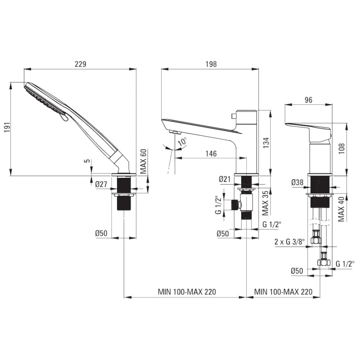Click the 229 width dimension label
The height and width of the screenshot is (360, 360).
[80, 64]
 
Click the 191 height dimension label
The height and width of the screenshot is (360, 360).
[7, 127]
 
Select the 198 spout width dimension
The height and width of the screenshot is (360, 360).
[211, 64]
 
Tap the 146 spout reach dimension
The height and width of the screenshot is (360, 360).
[211, 153]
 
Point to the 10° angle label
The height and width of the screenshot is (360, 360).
[182, 141]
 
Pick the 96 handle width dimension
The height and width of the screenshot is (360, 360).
[309, 100]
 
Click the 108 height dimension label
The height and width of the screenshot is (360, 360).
[342, 148]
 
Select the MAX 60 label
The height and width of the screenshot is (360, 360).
[143, 161]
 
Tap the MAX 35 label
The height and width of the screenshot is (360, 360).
[265, 203]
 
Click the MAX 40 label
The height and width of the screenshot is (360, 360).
[341, 209]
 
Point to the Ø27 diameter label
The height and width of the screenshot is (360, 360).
[101, 184]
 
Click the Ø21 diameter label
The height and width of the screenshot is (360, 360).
[225, 179]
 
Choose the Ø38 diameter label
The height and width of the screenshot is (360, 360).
[297, 182]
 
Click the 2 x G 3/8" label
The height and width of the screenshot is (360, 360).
[289, 242]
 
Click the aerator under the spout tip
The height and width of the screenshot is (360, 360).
[174, 132]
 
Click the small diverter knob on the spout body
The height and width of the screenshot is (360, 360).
[234, 116]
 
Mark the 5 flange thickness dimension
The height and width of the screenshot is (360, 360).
[87, 161]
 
